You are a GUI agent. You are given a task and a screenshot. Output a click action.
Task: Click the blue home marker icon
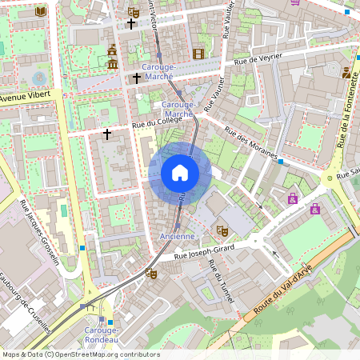pos(180,172)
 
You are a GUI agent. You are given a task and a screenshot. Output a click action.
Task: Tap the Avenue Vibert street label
pos(25,96)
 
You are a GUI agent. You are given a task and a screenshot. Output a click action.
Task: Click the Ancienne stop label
pos(176,237)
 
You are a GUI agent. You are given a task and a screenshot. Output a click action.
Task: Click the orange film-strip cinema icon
pos(198,54)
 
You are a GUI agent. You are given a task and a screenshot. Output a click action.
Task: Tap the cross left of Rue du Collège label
pos(106,134)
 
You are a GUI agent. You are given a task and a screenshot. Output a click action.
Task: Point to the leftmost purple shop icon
pos(293,198)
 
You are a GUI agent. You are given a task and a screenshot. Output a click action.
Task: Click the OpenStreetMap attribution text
pos(80,354)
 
